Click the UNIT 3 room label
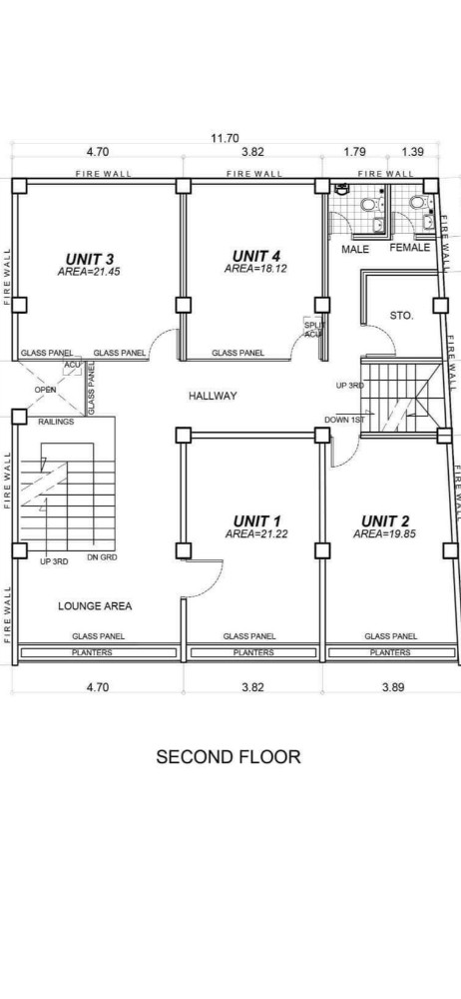pyautogui.click(x=89, y=259)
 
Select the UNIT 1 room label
pyautogui.click(x=257, y=521)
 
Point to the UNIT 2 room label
pyautogui.click(x=385, y=521)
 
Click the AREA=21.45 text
pyautogui.click(x=89, y=272)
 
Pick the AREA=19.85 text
pyautogui.click(x=384, y=533)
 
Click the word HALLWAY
pyautogui.click(x=213, y=396)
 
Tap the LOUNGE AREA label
pyautogui.click(x=95, y=606)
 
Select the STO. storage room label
pyautogui.click(x=402, y=316)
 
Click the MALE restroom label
pyautogui.click(x=355, y=249)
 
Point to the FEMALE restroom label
pyautogui.click(x=409, y=247)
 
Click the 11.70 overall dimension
pyautogui.click(x=226, y=138)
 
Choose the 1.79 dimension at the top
pyautogui.click(x=354, y=152)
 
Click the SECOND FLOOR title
pyautogui.click(x=229, y=757)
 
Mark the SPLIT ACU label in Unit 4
pyautogui.click(x=314, y=330)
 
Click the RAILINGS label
pyautogui.click(x=56, y=422)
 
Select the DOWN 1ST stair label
pyautogui.click(x=344, y=420)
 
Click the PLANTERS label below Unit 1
pyautogui.click(x=253, y=652)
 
